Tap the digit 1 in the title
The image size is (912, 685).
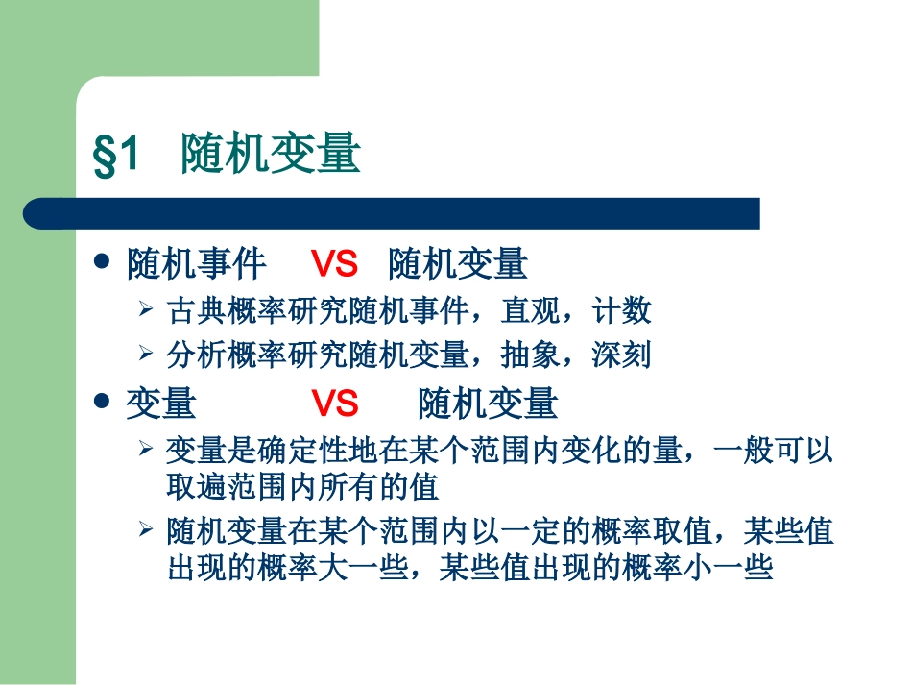[131, 154]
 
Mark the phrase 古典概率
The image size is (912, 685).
[212, 310]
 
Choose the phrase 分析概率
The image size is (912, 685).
[212, 355]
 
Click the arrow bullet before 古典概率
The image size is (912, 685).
[146, 309]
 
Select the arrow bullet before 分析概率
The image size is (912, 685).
[146, 355]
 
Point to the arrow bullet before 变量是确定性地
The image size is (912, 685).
[146, 449]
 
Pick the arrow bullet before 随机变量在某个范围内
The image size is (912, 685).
[146, 529]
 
